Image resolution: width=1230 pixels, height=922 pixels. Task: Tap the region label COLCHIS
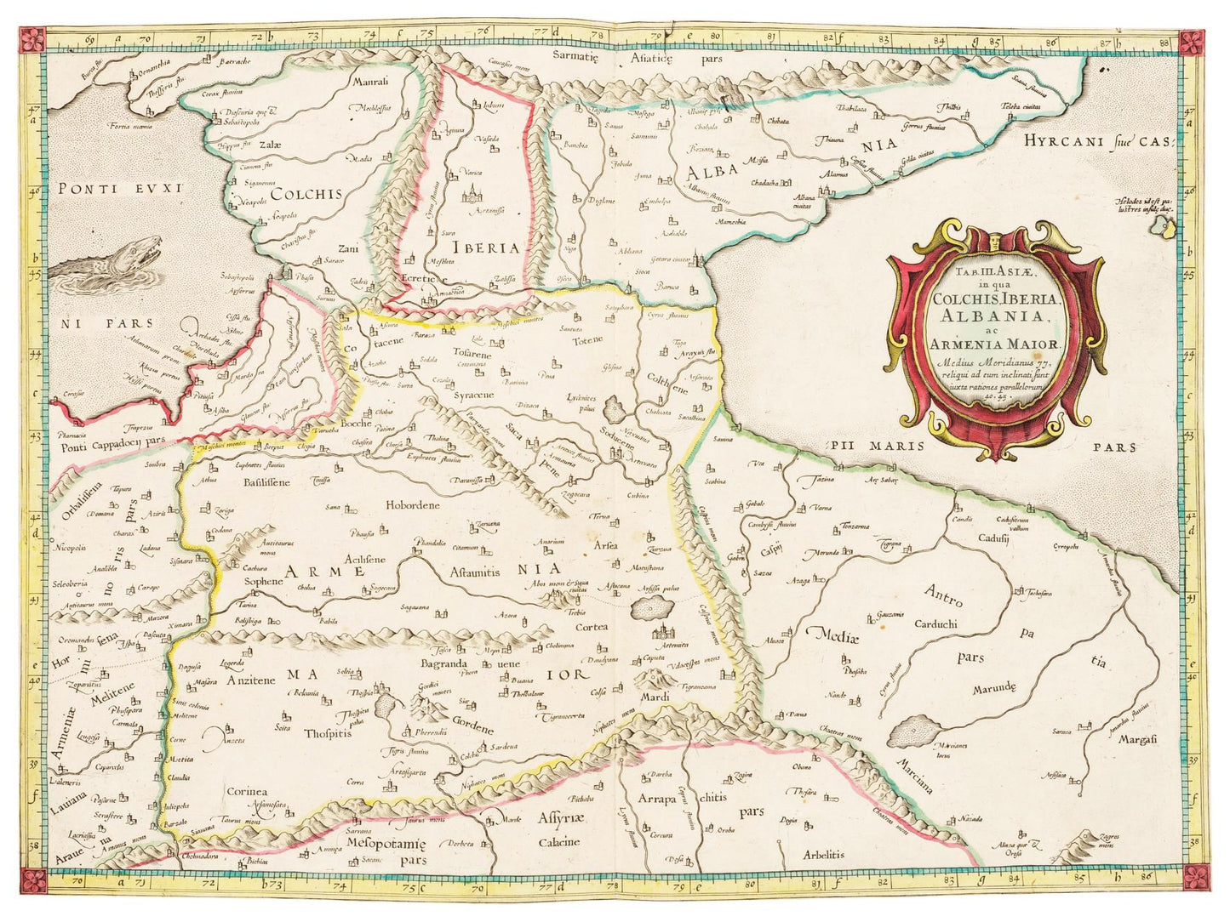tap(306, 194)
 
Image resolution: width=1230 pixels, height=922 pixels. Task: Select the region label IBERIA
tap(486, 248)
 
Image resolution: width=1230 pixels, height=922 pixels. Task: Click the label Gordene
tap(472, 729)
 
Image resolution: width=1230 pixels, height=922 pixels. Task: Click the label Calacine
tap(558, 842)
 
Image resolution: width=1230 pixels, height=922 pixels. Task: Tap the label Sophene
tap(263, 582)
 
